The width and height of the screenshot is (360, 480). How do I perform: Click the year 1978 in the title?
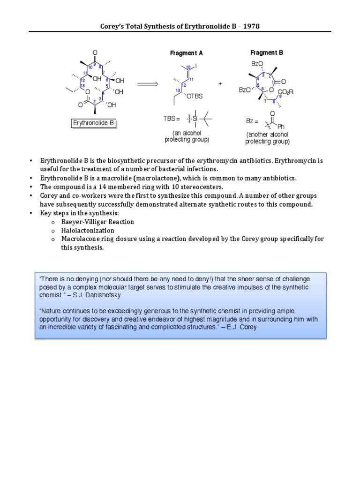251,26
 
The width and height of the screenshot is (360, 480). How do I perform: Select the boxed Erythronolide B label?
93,123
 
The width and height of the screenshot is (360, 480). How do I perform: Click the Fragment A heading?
183,53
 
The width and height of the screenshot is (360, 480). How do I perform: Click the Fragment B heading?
266,53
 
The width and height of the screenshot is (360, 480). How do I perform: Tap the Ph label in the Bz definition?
281,127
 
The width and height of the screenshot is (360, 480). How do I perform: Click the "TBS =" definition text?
171,119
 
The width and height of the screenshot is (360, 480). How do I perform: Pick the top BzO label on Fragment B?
257,64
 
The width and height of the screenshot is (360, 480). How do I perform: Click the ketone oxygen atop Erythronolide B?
95,52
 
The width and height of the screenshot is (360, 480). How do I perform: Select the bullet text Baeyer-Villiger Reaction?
97,222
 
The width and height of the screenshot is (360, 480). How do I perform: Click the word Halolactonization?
88,231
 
